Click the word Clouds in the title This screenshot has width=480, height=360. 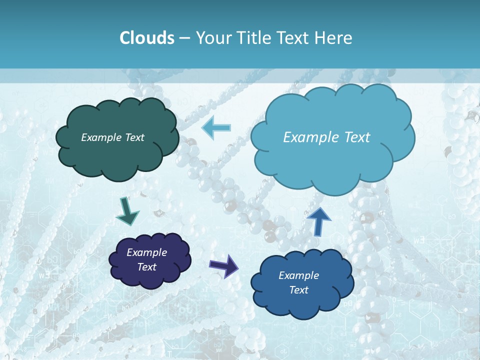click(146, 38)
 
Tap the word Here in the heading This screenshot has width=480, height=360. click(333, 38)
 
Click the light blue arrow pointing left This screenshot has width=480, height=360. click(216, 128)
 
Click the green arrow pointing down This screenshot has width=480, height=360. click(127, 211)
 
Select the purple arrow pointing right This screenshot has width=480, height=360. click(224, 265)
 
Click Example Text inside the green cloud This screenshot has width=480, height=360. click(112, 137)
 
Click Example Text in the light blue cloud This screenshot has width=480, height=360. click(326, 137)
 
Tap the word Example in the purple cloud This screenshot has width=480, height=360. click(146, 252)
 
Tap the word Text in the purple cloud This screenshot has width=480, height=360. click(146, 267)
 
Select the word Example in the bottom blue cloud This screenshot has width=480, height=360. click(298, 275)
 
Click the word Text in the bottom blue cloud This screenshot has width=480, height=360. click(298, 290)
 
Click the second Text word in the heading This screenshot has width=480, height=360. click(295, 38)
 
